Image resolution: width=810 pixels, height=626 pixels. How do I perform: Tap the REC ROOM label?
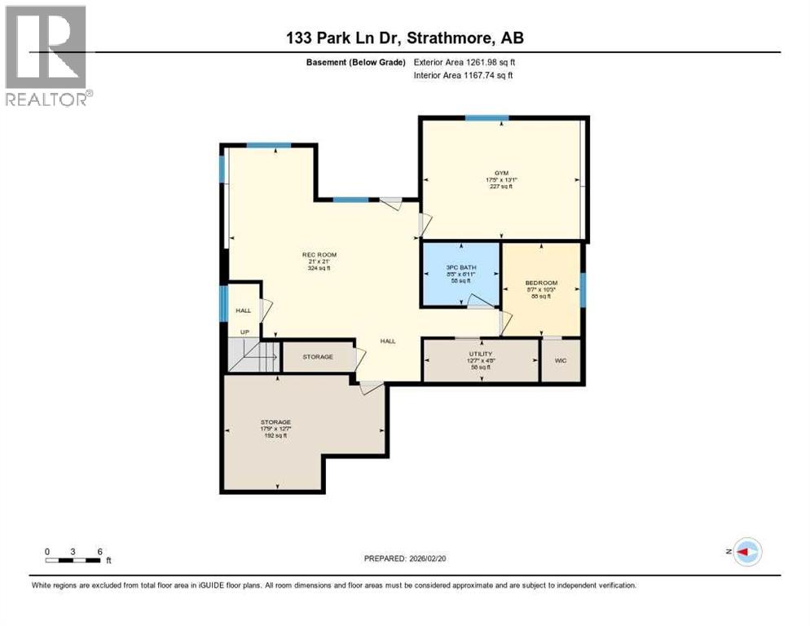click(319, 255)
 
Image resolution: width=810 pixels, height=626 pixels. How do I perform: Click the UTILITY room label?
click(480, 354)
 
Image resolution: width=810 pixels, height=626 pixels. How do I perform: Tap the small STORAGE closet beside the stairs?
click(318, 357)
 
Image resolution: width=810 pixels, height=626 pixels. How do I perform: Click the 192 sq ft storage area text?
click(275, 436)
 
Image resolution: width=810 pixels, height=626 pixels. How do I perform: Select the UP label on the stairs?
click(244, 333)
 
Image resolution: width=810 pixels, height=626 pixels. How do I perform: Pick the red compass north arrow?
click(746, 552)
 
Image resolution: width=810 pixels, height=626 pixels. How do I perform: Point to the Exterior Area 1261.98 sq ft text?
click(464, 62)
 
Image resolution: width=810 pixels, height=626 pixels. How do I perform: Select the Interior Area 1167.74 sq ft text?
click(464, 76)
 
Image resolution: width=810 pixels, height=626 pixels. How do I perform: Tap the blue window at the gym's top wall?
click(487, 118)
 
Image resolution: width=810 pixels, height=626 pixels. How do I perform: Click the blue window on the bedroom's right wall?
click(583, 289)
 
